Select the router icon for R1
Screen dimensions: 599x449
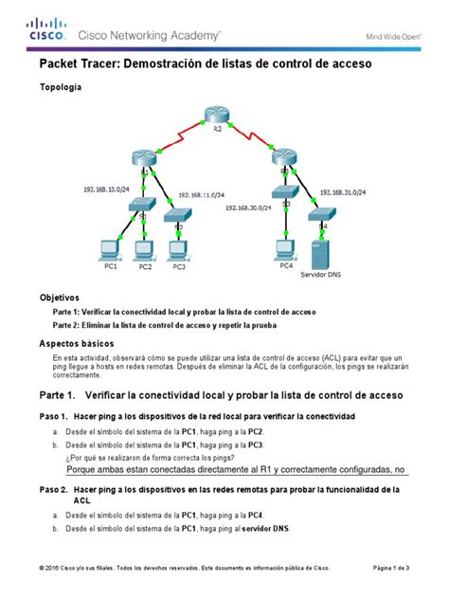145,160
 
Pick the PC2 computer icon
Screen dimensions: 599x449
144,250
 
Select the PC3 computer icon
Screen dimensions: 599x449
176,249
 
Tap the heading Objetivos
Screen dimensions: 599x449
59,297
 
